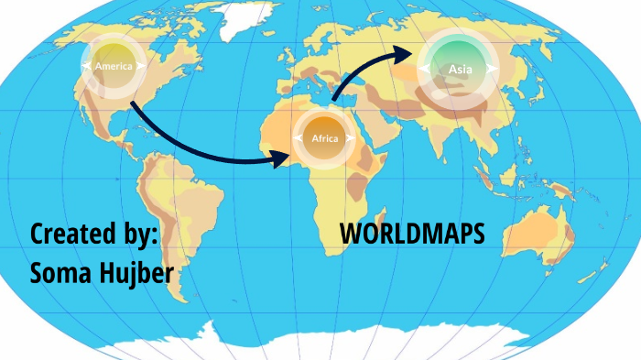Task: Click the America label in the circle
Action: click(114, 66)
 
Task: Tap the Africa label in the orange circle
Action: click(325, 138)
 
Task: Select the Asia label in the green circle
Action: click(459, 69)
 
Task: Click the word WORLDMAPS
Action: click(412, 234)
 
